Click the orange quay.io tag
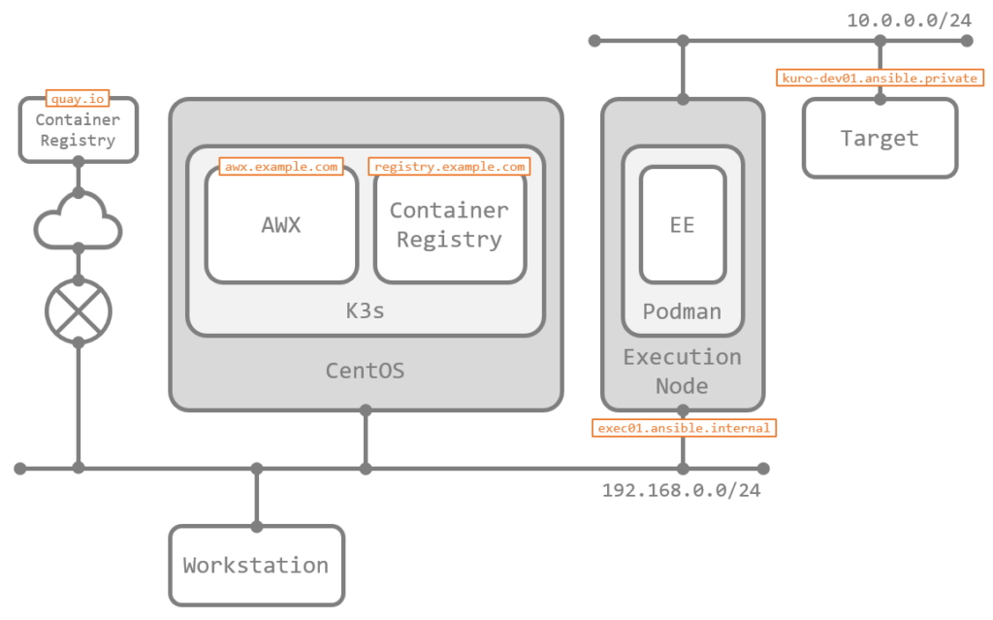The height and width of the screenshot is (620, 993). click(x=78, y=98)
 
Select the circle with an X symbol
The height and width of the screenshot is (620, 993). click(x=78, y=311)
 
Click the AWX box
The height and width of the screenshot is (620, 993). click(x=281, y=225)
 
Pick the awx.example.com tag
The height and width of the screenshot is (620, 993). click(x=281, y=167)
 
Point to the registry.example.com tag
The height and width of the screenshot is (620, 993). click(x=449, y=167)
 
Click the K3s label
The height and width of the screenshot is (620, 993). click(x=365, y=312)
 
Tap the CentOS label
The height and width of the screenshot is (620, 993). click(x=365, y=371)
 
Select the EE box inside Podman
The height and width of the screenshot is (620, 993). click(x=683, y=225)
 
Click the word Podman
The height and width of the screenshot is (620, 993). click(x=683, y=312)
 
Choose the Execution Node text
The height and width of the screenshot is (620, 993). click(x=683, y=371)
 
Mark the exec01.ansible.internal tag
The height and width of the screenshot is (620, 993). click(x=684, y=427)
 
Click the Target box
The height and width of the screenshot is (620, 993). click(x=880, y=138)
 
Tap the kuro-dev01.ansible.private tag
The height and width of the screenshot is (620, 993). click(x=881, y=78)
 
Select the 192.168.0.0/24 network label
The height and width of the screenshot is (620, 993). click(x=681, y=490)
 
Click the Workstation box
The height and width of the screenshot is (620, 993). click(x=256, y=565)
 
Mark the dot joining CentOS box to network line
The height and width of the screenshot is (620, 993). click(x=366, y=469)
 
